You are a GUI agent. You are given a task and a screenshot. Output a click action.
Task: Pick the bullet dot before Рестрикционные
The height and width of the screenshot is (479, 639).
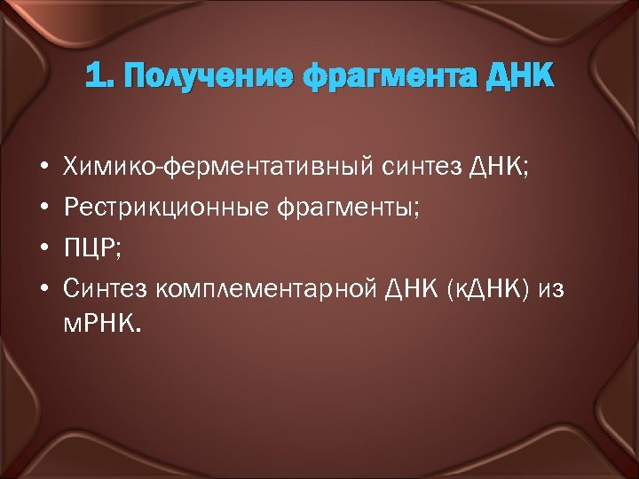43,209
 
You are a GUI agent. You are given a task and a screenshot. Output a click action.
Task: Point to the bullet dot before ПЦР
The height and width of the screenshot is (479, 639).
43,249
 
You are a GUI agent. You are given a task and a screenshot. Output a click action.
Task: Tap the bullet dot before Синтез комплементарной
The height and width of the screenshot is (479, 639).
43,290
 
